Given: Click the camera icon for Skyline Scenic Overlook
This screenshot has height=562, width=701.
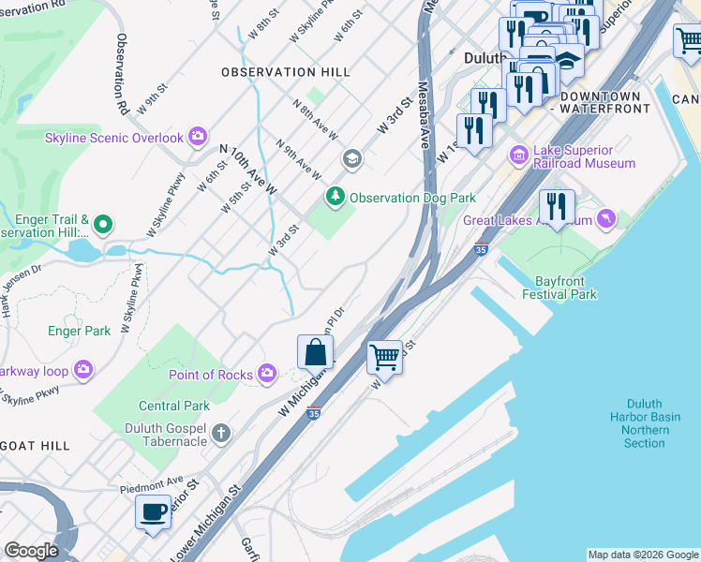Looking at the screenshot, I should point(197,138).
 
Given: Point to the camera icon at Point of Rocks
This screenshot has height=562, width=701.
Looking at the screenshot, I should point(267,375).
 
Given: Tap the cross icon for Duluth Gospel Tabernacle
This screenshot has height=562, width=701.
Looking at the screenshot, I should point(220,433).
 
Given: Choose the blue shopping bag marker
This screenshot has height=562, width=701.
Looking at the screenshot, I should point(316,353).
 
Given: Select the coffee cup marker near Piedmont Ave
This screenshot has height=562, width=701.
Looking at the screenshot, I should point(153,512).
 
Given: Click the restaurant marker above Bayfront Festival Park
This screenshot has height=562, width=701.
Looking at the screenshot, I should point(558,207).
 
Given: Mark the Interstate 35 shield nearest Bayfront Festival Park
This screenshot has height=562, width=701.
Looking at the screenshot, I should point(481,251).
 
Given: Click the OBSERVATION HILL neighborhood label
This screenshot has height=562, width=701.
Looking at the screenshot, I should point(286,72).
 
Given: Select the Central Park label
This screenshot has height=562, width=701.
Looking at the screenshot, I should point(174,406).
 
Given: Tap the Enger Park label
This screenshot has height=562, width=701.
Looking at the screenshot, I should point(80,331).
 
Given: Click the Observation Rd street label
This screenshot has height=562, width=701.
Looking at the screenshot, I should point(123,75).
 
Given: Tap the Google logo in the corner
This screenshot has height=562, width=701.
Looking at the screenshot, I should point(31,551).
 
